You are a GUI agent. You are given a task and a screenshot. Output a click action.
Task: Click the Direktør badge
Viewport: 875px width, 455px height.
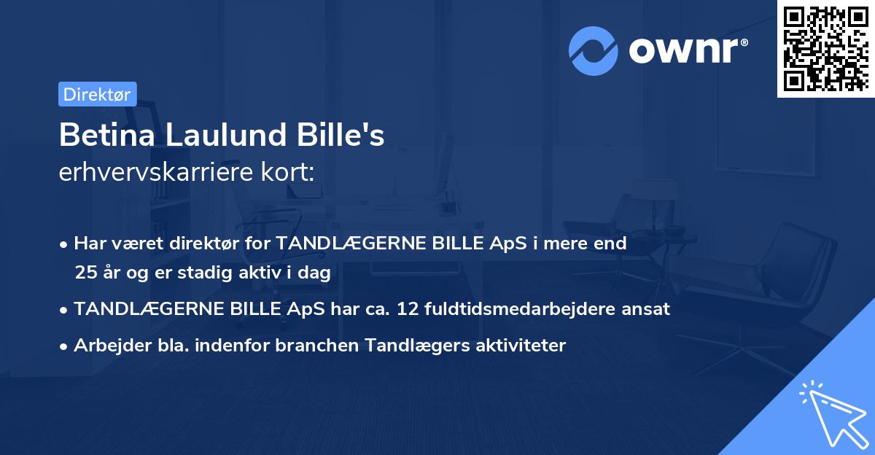97,94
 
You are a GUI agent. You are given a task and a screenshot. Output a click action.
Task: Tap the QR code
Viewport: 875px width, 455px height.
825,49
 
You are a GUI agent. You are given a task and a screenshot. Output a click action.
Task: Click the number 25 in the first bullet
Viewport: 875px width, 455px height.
83,273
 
